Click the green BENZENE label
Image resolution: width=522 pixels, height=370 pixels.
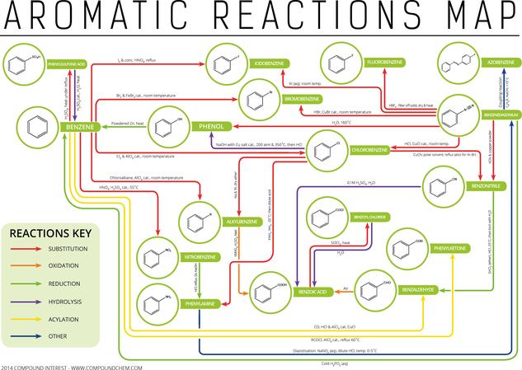coord(80,126)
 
